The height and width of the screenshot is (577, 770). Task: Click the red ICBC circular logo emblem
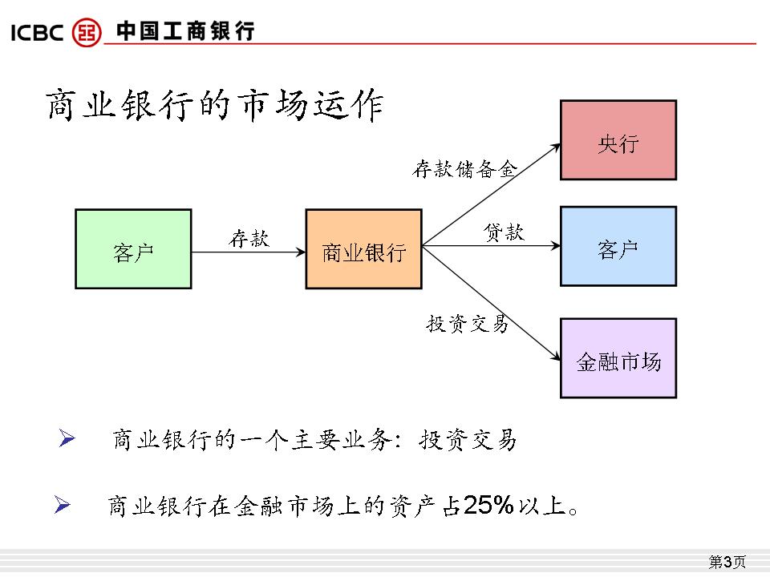click(x=87, y=32)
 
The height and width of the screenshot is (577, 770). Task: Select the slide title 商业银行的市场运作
click(x=214, y=106)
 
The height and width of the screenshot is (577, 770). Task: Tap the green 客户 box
click(x=133, y=249)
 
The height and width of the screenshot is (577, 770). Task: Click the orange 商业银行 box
click(x=363, y=249)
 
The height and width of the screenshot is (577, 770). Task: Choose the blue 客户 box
click(x=618, y=246)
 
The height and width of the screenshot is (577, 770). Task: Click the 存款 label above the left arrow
click(x=249, y=238)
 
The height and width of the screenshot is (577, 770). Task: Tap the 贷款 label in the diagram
click(x=504, y=232)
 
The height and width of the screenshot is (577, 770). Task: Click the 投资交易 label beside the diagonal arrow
click(x=468, y=324)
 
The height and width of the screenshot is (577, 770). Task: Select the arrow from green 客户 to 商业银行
click(x=249, y=252)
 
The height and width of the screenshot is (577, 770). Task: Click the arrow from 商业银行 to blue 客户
click(x=491, y=247)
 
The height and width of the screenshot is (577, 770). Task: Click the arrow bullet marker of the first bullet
click(x=67, y=438)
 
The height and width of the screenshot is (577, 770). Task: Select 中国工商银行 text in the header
click(x=185, y=32)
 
